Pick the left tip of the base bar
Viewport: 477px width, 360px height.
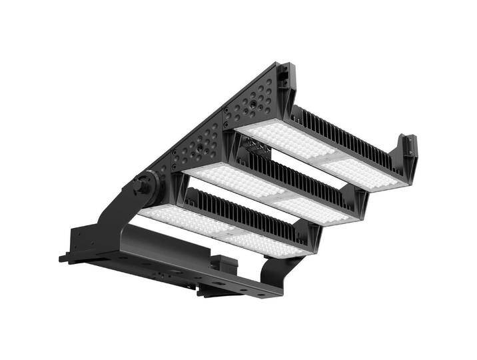tap(63, 258)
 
